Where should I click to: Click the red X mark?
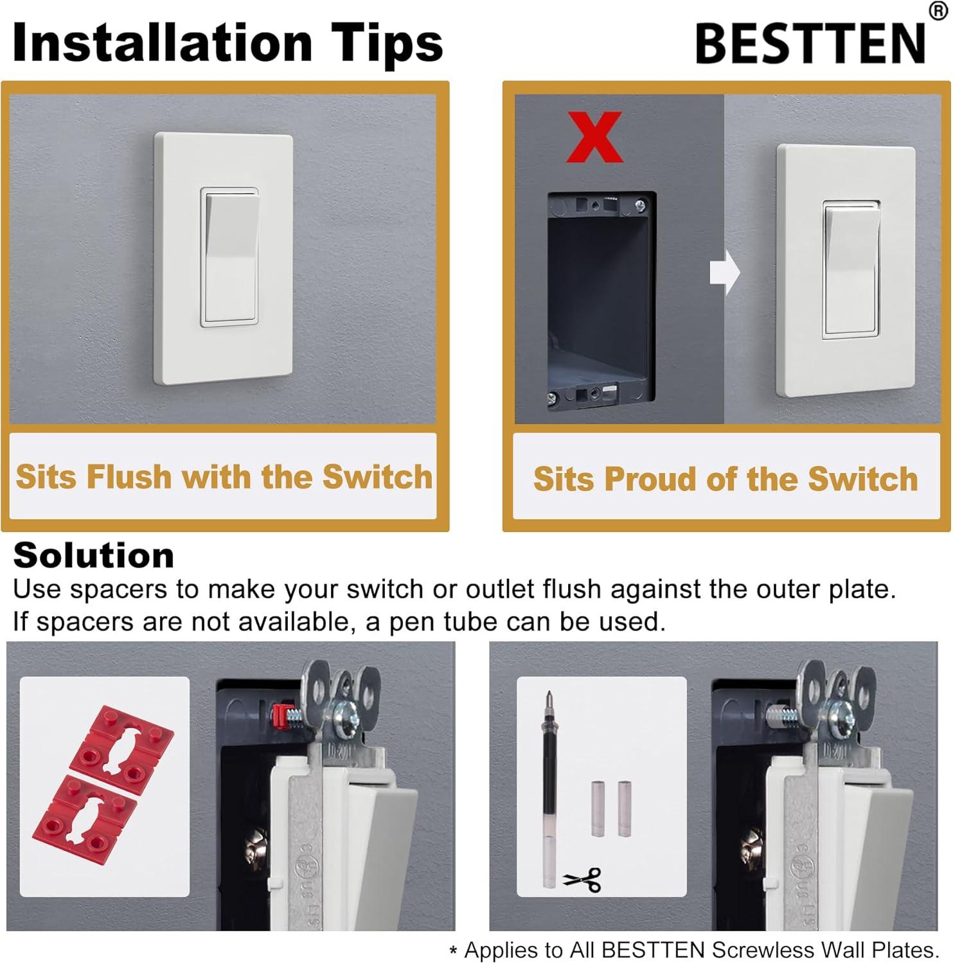point(594,137)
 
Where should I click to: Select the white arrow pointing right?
point(724,272)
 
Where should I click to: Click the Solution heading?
point(94,555)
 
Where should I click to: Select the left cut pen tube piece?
point(597,808)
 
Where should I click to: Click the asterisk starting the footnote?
point(454,952)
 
